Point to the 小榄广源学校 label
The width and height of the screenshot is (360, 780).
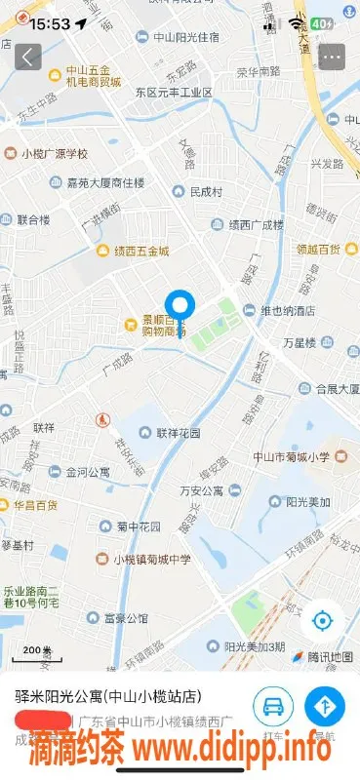(54, 153)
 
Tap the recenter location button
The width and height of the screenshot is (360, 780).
(324, 620)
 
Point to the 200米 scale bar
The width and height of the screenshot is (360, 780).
(36, 651)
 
